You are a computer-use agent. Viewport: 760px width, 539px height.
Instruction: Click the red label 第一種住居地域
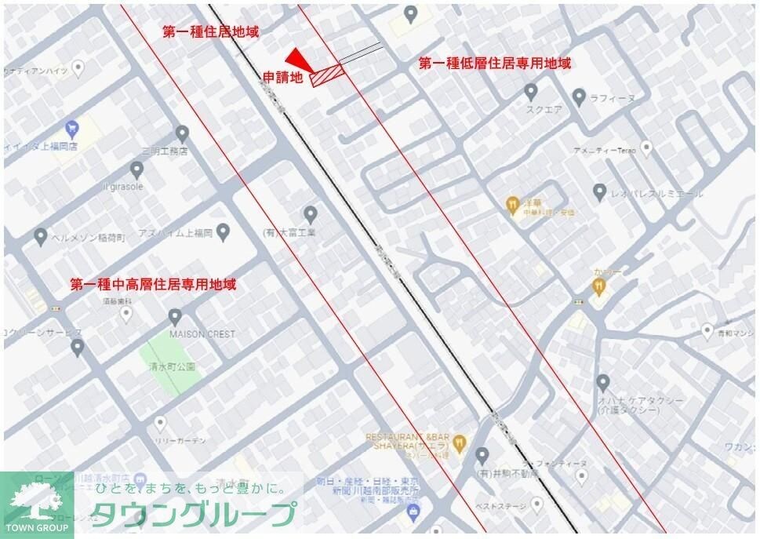pos(210,32)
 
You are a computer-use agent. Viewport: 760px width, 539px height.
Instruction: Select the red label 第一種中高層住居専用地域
pos(153,284)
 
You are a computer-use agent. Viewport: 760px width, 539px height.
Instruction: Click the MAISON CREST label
pos(202,334)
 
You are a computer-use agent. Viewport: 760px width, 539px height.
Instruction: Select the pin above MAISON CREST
pos(175,317)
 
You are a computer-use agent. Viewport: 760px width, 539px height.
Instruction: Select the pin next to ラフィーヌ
pos(579,97)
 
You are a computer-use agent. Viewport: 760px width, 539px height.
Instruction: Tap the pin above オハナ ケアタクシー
pos(602,383)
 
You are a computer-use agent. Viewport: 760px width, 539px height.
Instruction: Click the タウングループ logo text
pos(197,515)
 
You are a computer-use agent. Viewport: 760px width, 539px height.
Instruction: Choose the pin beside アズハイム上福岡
pos(223,232)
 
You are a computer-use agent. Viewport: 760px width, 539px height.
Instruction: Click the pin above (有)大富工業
pos(311,213)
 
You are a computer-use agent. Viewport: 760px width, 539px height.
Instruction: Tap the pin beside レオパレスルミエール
pos(599,191)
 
